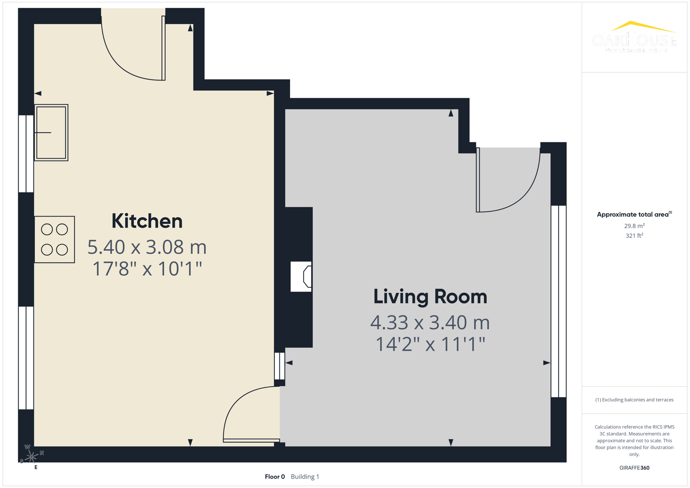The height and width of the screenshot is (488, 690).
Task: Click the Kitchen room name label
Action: pos(147,221)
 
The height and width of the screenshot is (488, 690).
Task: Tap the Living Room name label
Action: pos(430,297)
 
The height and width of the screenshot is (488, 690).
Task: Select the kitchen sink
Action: pos(51,132)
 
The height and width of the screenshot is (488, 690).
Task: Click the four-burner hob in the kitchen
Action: pos(55,239)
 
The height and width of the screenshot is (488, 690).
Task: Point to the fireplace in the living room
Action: pos(301,277)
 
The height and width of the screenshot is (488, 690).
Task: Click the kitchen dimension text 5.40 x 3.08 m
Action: pos(147,247)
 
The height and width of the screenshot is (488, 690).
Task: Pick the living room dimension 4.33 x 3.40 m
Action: pos(430,323)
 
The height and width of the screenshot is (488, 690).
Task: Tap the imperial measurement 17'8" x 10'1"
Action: pos(147,269)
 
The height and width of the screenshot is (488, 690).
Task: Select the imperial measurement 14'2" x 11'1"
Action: pos(430,344)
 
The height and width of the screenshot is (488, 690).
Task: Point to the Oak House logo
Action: pos(634,37)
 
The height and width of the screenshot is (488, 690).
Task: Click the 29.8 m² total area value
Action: pos(634,226)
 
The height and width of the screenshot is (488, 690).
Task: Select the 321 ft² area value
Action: pos(634,236)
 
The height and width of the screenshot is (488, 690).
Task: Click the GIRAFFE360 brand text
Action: pos(634,468)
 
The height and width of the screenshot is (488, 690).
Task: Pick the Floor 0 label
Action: pos(275,477)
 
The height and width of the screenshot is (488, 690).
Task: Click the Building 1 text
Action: pos(305,477)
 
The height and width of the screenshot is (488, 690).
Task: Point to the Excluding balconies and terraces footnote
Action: pos(634,400)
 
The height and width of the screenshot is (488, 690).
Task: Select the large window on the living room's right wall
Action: pos(559,301)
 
